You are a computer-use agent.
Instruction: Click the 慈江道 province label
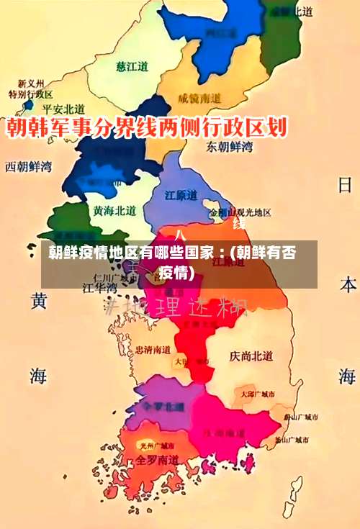[132, 66]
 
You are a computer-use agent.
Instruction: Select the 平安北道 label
[64, 109]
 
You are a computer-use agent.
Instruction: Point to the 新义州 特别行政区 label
[31, 89]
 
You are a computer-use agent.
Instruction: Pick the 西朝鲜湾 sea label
[29, 166]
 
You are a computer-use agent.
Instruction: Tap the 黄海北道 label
[114, 210]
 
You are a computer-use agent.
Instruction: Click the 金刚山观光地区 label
[240, 213]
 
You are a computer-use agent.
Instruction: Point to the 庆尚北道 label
[251, 356]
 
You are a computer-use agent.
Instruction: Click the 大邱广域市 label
[258, 394]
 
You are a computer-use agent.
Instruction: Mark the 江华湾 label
[100, 286]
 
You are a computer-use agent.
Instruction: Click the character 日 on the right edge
[346, 185]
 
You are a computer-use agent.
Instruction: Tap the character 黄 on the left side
[39, 300]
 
